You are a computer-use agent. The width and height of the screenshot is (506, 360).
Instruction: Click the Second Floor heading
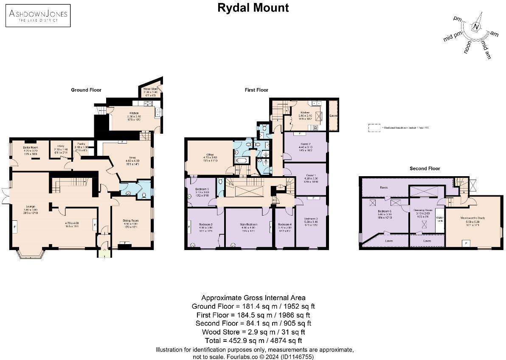(424, 169)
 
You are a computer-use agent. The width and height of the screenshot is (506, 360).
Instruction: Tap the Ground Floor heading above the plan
(86, 90)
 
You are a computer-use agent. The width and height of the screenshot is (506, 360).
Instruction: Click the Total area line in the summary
(253, 340)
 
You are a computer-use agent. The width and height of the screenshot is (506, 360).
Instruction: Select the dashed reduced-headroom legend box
(374, 128)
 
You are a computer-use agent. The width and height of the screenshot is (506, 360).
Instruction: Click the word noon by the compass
(468, 48)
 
